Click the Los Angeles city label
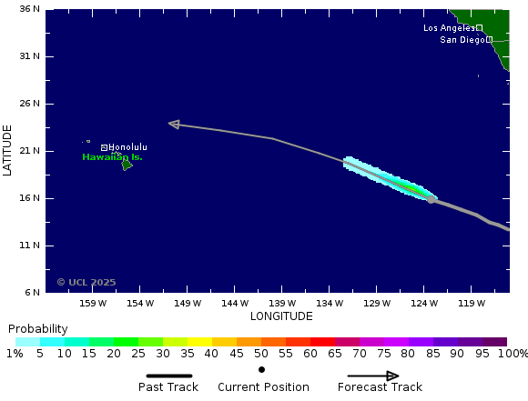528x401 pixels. (449, 28)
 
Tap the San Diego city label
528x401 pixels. (462, 40)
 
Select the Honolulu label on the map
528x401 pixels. (127, 147)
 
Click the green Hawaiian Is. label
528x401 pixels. (112, 157)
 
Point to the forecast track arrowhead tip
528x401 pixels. (170, 124)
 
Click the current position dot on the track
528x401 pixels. (431, 199)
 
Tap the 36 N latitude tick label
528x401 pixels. (30, 9)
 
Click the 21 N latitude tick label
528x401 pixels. (30, 151)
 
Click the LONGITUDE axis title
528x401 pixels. (281, 316)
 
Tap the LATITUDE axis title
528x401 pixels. (8, 151)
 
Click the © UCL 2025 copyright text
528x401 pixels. (86, 282)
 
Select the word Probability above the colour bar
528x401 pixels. (38, 329)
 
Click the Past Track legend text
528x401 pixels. (168, 387)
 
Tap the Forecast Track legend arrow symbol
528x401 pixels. (373, 376)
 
